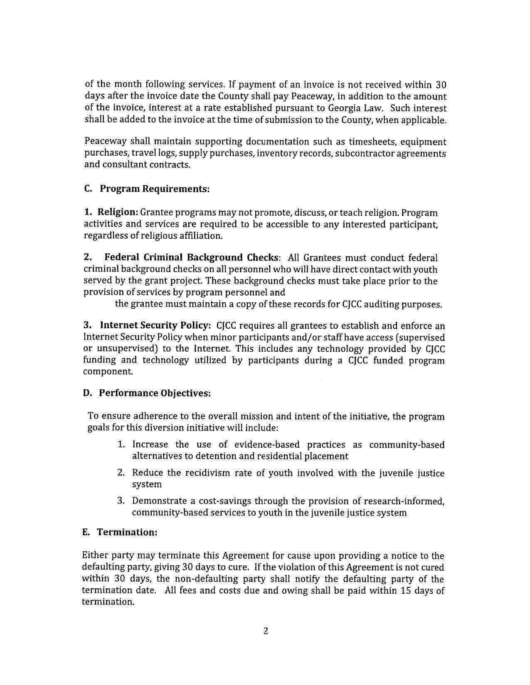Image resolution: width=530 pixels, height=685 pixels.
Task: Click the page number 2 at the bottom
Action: pyautogui.click(x=266, y=631)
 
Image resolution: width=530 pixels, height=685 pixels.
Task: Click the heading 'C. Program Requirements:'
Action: pyautogui.click(x=146, y=189)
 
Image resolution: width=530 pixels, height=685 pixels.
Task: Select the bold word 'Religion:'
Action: pyautogui.click(x=118, y=212)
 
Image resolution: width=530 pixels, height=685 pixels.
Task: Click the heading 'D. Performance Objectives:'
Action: pyautogui.click(x=147, y=393)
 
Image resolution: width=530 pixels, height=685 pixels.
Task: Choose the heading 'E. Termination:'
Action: pyautogui.click(x=120, y=532)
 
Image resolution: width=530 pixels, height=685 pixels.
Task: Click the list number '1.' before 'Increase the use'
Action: pyautogui.click(x=121, y=445)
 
